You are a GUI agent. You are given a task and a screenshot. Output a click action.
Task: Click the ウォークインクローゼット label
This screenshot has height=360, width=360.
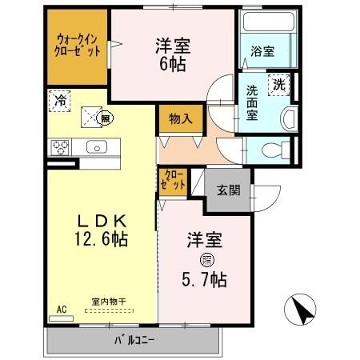78,44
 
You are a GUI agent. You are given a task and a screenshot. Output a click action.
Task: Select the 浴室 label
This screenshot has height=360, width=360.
262,51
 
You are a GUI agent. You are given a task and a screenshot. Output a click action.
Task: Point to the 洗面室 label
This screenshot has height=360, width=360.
252,101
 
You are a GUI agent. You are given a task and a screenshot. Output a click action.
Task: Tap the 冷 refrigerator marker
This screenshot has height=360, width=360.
59,101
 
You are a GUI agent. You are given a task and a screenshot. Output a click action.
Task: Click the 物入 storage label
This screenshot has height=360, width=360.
180,119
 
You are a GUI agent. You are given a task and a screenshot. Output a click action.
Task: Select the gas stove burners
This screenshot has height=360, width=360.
61,147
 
